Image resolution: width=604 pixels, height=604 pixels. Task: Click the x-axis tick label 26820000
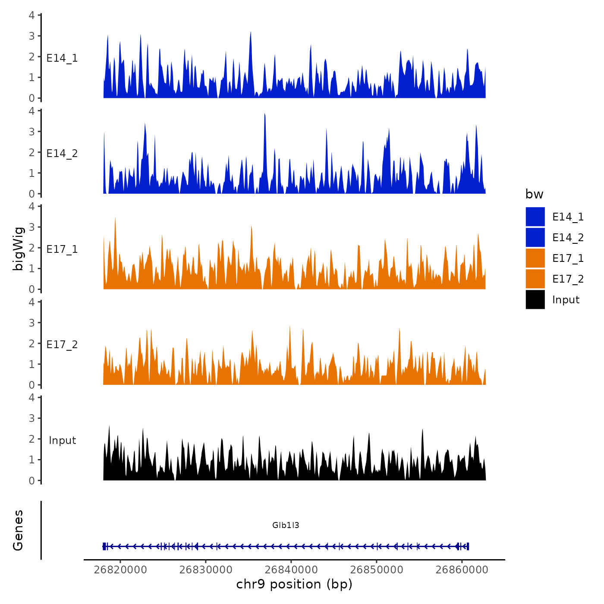[x=120, y=569]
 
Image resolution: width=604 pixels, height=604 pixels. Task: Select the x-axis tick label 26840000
[x=291, y=569]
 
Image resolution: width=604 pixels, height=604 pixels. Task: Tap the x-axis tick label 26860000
[x=462, y=569]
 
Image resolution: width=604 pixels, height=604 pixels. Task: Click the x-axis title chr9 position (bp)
[x=294, y=584]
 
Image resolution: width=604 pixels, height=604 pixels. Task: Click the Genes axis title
[x=18, y=530]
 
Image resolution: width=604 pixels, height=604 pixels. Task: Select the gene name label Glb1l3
[x=286, y=525]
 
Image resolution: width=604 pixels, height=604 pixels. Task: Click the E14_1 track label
[x=62, y=58]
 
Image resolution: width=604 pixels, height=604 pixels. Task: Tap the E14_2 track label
[x=62, y=153]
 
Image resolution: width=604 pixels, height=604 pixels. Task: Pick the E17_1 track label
[x=62, y=249]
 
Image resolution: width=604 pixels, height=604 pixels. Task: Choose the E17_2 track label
[x=62, y=344]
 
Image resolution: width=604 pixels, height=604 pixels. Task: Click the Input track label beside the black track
[x=62, y=440]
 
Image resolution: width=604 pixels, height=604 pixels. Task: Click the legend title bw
[x=534, y=194]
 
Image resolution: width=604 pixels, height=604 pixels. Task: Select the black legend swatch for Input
[x=535, y=299]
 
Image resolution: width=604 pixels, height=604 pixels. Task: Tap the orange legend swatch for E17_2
[x=535, y=279]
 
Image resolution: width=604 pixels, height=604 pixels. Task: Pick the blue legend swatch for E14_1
[x=535, y=217]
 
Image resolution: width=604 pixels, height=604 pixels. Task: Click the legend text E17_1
[x=568, y=258]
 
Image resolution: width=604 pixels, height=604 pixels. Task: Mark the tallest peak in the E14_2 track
[x=264, y=114]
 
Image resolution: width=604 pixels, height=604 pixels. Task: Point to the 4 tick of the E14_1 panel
[x=31, y=15]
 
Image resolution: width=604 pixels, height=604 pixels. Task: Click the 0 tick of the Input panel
[x=31, y=480]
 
